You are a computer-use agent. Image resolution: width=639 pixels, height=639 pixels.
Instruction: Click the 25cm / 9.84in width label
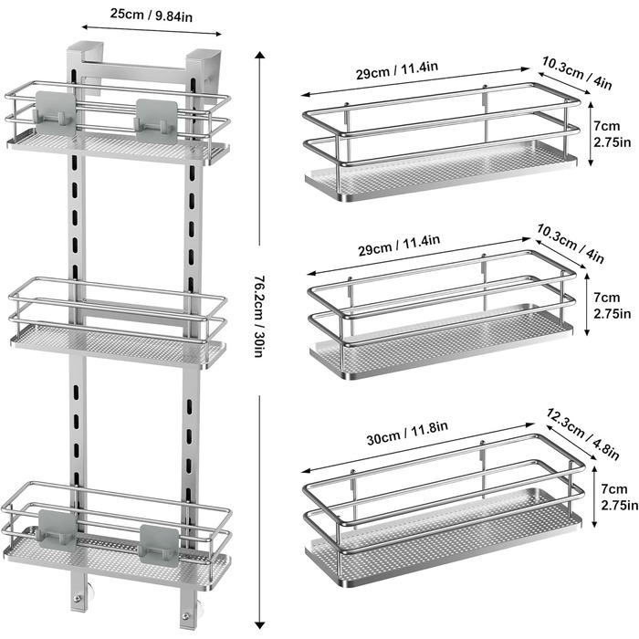pyautogui.click(x=152, y=16)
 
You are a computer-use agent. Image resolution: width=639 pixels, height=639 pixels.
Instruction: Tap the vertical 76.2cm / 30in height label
pyautogui.click(x=258, y=316)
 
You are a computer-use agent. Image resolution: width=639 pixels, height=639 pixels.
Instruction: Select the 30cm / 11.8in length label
pyautogui.click(x=407, y=433)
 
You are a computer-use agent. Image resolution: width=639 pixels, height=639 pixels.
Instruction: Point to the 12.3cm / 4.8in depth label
pyautogui.click(x=582, y=434)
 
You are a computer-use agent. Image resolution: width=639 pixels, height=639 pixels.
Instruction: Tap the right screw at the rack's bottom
pyautogui.click(x=186, y=616)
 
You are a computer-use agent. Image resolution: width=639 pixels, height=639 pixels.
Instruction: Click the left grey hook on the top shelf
pyautogui.click(x=56, y=113)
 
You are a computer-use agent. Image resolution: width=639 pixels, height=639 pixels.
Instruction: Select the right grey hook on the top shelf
pyautogui.click(x=157, y=120)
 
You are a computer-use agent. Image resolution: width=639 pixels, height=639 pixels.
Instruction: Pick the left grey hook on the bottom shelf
pyautogui.click(x=58, y=530)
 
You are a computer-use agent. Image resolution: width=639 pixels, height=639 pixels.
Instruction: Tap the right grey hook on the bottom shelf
pyautogui.click(x=159, y=545)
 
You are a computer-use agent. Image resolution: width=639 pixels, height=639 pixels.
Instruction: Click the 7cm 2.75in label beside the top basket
pyautogui.click(x=612, y=134)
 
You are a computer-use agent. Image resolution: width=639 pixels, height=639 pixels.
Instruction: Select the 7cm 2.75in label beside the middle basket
pyautogui.click(x=612, y=306)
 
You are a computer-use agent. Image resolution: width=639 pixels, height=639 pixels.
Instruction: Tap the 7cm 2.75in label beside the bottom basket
pyautogui.click(x=619, y=497)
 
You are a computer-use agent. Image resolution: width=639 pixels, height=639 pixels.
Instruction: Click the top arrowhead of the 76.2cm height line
pyautogui.click(x=259, y=55)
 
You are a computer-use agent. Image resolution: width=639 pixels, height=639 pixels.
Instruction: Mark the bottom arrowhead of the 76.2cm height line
pyautogui.click(x=259, y=624)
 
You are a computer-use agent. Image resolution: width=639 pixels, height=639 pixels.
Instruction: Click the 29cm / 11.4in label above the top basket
pyautogui.click(x=397, y=70)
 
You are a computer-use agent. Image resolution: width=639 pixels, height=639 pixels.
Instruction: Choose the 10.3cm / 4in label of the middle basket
pyautogui.click(x=570, y=244)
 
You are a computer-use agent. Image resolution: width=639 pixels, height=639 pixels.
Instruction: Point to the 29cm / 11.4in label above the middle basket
pyautogui.click(x=399, y=245)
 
